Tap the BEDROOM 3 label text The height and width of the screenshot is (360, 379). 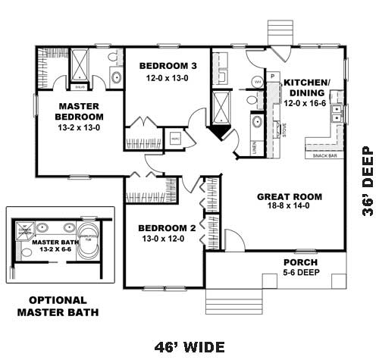coord(169,66)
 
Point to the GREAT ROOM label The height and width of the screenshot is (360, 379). coord(289,196)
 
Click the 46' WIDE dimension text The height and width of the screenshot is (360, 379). coord(189,347)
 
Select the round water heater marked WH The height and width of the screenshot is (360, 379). coord(258,81)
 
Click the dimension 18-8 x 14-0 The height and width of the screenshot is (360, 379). coord(289,206)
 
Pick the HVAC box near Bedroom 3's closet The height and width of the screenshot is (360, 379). coord(175,139)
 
